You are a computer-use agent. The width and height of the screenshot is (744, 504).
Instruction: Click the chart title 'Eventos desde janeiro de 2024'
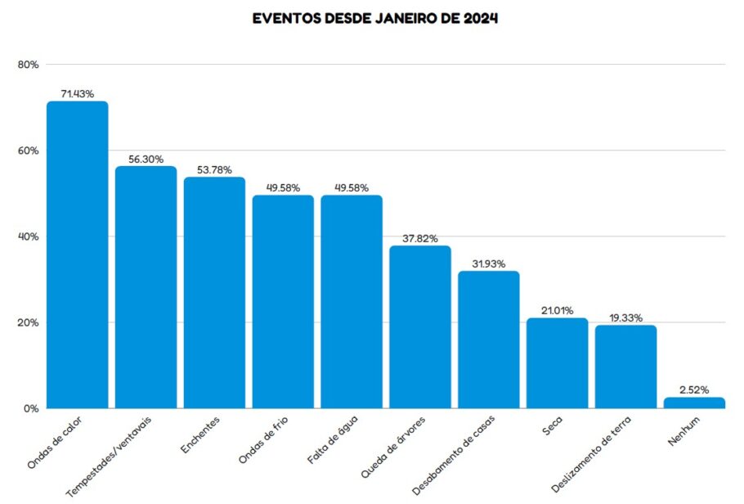coord(375,19)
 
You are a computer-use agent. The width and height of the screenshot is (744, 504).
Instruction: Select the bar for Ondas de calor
coord(77,254)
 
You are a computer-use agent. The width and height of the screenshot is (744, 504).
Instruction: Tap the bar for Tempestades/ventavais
coord(146,287)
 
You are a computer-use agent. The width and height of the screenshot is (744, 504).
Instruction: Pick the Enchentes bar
coord(214,292)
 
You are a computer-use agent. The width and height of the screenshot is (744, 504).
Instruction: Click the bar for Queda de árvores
coord(419,326)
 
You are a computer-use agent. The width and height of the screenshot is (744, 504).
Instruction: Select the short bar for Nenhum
coord(694,403)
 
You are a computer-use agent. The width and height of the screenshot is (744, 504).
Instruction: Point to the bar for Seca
coord(557,362)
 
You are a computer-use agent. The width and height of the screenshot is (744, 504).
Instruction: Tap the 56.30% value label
coord(146,159)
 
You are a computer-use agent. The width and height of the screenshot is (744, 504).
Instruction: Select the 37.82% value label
coord(420,239)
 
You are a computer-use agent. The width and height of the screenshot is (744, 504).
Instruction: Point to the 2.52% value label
coord(694,390)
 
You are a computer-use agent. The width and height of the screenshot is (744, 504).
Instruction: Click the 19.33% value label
coord(625,317)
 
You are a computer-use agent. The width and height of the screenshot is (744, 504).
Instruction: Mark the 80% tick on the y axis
coord(28,65)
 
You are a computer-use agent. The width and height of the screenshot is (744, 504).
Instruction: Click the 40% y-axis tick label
coord(28,236)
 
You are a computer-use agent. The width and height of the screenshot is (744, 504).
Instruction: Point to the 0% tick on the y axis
coord(31,408)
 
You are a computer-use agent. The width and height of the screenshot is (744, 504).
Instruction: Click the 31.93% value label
coord(489,264)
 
